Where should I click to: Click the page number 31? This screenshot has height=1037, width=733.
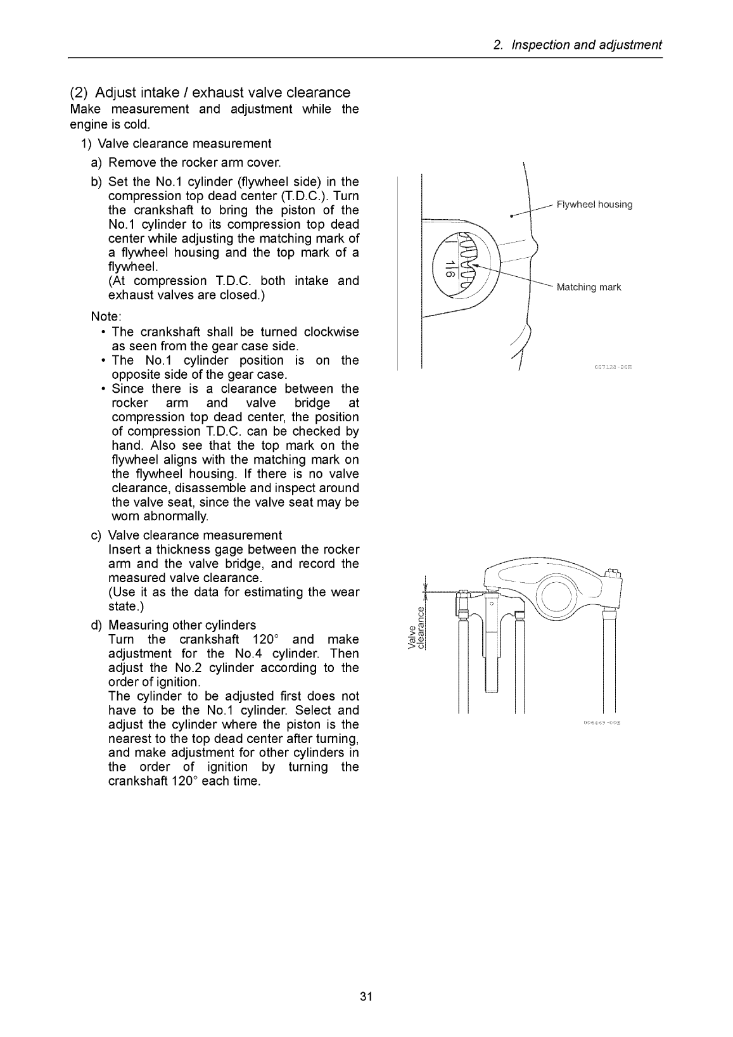tap(366, 997)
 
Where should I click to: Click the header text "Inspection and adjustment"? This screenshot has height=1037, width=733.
tap(586, 45)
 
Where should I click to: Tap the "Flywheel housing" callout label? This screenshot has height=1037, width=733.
tap(594, 205)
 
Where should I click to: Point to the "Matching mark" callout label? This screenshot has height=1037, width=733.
tap(589, 288)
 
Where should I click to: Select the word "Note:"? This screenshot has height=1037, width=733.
tap(106, 316)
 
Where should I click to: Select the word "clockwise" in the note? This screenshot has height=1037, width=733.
tap(331, 332)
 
